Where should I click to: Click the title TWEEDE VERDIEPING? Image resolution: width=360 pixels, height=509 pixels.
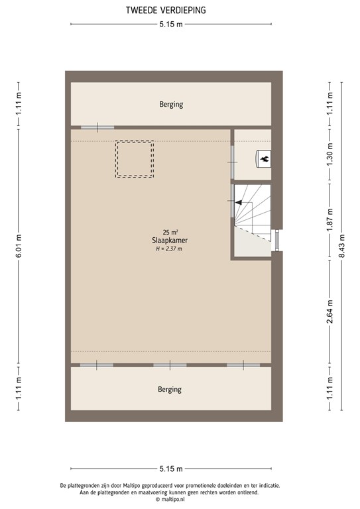click(166, 11)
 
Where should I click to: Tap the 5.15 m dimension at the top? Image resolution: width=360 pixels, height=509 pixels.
click(171, 25)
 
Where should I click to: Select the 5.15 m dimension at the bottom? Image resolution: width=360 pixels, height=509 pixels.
click(171, 469)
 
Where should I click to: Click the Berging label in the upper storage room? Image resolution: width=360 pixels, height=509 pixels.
click(171, 104)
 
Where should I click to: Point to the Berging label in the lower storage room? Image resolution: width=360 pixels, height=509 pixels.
click(170, 389)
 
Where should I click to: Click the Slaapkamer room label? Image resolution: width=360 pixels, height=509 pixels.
click(170, 241)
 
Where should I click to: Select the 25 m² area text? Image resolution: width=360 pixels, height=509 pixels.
click(170, 232)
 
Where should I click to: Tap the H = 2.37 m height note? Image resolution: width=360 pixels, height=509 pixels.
click(169, 249)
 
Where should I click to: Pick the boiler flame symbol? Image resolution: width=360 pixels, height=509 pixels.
click(265, 159)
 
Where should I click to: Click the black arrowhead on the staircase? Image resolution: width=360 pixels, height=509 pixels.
click(239, 203)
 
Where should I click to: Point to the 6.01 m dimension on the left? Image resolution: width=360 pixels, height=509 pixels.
click(19, 246)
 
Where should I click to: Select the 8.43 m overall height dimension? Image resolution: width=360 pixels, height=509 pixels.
click(341, 246)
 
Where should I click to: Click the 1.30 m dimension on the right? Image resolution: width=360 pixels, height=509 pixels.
click(330, 154)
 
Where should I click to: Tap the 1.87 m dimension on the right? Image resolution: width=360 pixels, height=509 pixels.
click(330, 221)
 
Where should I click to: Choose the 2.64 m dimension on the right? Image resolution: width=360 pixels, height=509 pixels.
click(330, 312)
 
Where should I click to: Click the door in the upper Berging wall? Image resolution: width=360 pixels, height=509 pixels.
click(97, 127)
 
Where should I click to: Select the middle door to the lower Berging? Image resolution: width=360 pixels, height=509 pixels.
click(170, 365)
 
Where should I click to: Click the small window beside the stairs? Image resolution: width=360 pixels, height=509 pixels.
click(277, 240)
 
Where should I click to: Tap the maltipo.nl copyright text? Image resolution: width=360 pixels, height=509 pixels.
click(170, 500)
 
